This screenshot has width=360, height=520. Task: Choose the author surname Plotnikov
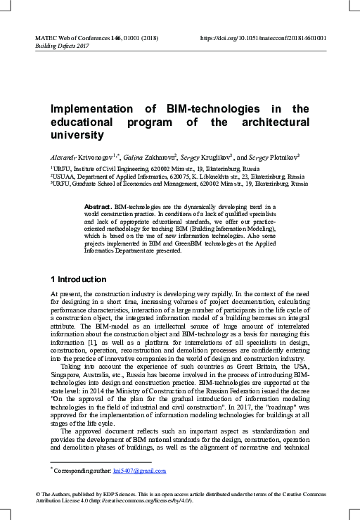283,156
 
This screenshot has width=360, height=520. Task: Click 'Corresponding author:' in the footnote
84,470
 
